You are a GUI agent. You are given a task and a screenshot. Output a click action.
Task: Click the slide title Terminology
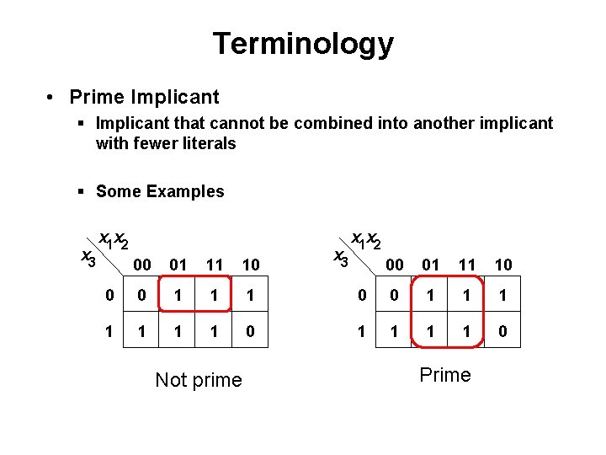click(303, 43)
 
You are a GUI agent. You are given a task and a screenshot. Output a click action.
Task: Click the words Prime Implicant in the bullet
click(144, 98)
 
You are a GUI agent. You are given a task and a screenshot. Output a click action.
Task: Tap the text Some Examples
click(160, 191)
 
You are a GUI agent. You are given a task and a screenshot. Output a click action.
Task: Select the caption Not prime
click(199, 380)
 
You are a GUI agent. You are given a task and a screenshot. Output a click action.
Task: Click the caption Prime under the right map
click(445, 375)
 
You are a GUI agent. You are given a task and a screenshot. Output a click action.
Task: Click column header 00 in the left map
click(143, 265)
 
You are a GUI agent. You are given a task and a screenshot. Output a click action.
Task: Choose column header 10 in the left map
click(250, 265)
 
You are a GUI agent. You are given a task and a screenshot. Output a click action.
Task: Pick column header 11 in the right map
click(467, 265)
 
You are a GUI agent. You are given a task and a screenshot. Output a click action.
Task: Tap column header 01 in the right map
click(431, 265)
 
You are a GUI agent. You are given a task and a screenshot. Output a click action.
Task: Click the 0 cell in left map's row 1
click(250, 332)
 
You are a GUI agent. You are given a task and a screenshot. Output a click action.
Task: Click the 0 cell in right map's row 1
click(502, 332)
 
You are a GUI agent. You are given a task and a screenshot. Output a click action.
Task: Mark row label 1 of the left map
click(109, 332)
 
